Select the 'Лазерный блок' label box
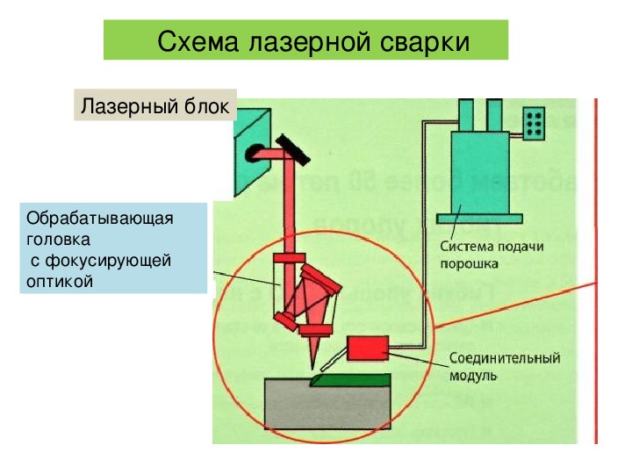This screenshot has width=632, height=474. click(x=154, y=106)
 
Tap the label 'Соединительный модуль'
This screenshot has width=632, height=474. click(x=504, y=367)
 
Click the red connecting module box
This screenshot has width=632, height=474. click(x=370, y=348)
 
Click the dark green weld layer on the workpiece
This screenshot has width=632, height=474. click(x=351, y=378)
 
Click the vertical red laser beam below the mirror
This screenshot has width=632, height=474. click(x=287, y=211)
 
